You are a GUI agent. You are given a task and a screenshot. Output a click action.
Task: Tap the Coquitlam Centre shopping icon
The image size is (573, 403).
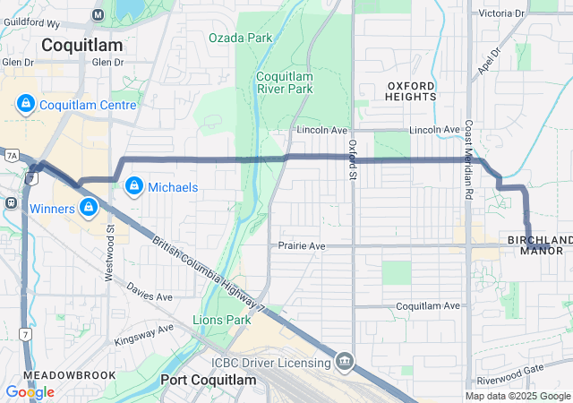[x=25, y=106]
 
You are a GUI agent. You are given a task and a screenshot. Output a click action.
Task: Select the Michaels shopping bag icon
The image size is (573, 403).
[x=133, y=186]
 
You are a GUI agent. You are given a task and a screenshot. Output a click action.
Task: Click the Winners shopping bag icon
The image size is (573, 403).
[x=89, y=209]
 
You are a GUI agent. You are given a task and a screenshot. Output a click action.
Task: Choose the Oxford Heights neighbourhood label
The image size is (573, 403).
[x=412, y=90]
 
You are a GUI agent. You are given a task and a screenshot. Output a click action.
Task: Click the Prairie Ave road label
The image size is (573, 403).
[x=302, y=244]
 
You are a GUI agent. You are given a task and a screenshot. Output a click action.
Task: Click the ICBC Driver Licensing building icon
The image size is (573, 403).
[x=345, y=362]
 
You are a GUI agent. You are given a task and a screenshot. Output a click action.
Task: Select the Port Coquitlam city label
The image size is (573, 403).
[x=208, y=380]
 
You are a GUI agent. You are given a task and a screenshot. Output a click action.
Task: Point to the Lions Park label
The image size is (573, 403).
[x=221, y=319]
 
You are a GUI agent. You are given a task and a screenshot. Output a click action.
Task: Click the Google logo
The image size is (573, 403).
[x=30, y=391]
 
